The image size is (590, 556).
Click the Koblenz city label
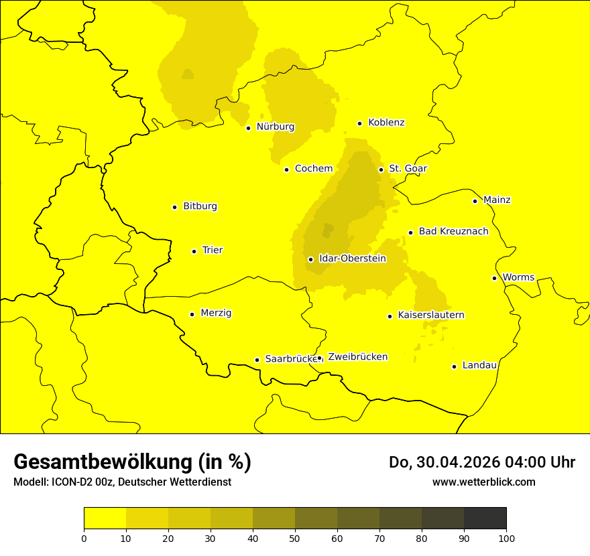coord(386,123)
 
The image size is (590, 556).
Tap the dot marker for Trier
coord(194,251)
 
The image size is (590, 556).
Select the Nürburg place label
coord(275,127)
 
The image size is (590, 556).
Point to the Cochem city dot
coord(286,169)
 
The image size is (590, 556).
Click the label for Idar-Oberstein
coord(353,259)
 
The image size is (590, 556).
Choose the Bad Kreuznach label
coord(453,232)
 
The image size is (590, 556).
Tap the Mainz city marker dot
coord(475,201)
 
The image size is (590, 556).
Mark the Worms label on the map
coord(518,277)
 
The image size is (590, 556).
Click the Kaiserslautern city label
coord(431,316)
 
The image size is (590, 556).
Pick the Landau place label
coord(479,366)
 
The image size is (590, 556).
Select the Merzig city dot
coord(192,314)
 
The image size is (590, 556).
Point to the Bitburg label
coord(200,206)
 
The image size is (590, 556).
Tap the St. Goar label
coord(408,169)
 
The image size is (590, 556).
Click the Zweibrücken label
coord(357,357)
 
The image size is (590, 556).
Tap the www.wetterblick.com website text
coord(483,482)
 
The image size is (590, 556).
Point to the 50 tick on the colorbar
coord(295,538)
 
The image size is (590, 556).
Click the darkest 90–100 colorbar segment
coord(485,518)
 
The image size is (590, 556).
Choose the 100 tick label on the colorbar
coord(506,538)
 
